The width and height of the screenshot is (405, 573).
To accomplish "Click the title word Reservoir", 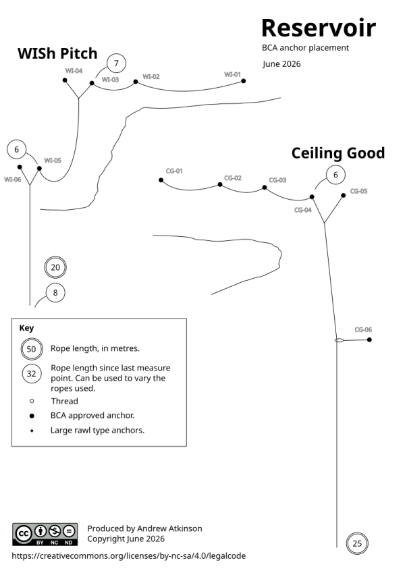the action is coord(319,28).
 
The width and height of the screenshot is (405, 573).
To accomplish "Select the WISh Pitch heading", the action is coord(57,53).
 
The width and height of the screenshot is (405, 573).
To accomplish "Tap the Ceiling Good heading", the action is coord(338,153).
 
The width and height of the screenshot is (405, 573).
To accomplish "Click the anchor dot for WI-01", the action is coord(244,81).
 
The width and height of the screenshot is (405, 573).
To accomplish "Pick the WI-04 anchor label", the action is coord(74,71).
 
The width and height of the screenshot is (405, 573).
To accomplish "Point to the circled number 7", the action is coord(116,63).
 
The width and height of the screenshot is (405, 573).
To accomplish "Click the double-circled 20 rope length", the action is coord(55,267).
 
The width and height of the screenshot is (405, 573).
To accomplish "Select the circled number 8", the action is coord(55,293).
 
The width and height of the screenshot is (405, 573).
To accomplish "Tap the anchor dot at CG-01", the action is coord(161,180).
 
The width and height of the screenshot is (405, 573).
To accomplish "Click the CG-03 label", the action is coord(277,180).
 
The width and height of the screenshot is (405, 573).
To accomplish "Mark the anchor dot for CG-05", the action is coord(343,196).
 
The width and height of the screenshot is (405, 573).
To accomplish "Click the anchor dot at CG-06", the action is coord(369,339).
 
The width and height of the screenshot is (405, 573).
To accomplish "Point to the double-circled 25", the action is coord(357,543).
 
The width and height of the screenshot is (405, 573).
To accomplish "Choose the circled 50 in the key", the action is coord(32,349).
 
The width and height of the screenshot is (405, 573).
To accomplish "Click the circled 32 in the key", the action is coord(32,373).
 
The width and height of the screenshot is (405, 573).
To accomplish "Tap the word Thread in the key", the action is coord(65,402).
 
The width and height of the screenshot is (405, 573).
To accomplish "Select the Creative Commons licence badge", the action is coord(45,535).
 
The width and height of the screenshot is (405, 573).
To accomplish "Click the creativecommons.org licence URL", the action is coord(129,556).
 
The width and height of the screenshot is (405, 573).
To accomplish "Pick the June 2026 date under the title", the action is coord(281,64).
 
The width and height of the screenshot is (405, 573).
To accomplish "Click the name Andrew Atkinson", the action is coord(169,528).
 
